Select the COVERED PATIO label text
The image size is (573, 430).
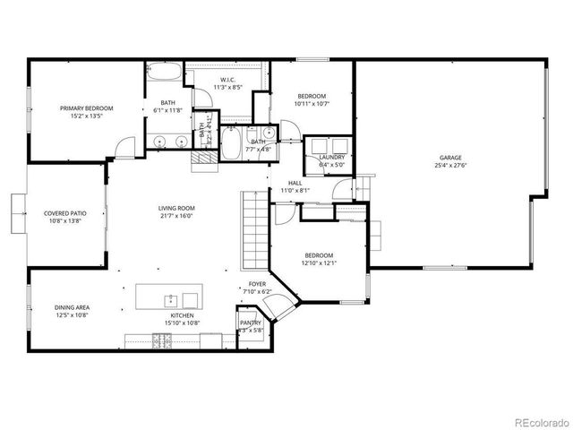[64, 213]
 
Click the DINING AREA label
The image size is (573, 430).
[72, 307]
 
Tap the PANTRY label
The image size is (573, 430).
[251, 322]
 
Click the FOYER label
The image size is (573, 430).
[257, 284]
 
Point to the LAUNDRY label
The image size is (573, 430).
[332, 158]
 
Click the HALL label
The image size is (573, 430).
[295, 183]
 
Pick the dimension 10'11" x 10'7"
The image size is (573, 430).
[312, 103]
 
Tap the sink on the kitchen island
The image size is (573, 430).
[168, 297]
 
